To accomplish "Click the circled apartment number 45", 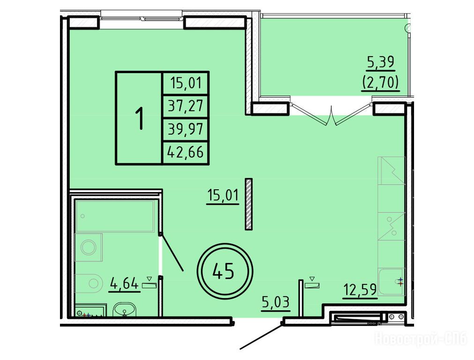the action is click(x=225, y=271).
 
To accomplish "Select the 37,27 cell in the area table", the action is click(x=185, y=106).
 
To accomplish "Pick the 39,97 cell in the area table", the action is click(x=185, y=129).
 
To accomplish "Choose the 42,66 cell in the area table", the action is click(x=185, y=152).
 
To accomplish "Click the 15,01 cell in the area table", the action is click(x=185, y=83).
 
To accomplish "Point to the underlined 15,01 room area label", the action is click(x=223, y=195).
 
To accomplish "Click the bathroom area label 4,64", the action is click(x=124, y=284).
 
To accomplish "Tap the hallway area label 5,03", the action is click(x=276, y=302).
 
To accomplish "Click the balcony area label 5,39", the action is click(x=381, y=62).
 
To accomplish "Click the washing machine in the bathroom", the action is click(x=88, y=247).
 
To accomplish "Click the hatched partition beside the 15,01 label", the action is click(x=249, y=204).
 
